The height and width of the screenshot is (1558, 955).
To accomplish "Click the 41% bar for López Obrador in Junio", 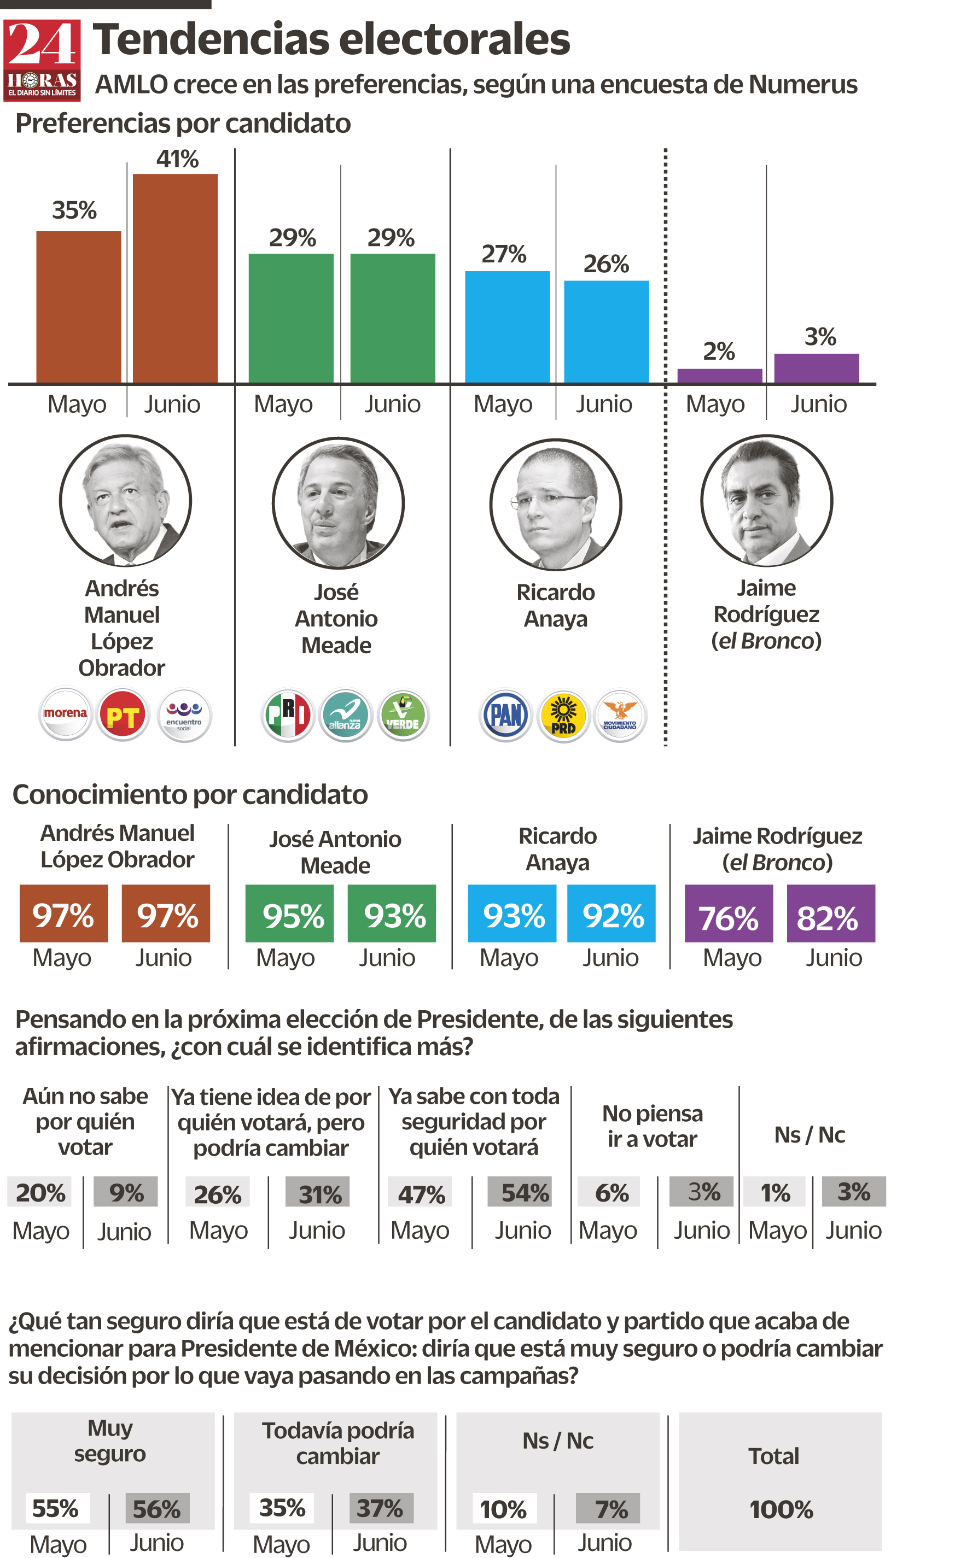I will [175, 278].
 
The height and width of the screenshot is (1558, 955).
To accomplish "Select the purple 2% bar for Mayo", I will [720, 376].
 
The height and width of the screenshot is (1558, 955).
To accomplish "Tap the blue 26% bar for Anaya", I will [606, 331].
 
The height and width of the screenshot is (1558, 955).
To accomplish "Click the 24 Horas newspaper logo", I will [42, 60].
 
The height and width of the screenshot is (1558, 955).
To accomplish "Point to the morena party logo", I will [66, 714].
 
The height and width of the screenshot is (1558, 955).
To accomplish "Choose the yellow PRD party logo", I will [563, 716].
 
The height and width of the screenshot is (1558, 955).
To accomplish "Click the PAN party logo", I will [505, 716].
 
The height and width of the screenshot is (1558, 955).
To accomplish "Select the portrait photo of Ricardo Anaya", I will [555, 505].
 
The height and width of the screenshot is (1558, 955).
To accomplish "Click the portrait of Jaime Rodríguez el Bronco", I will [766, 501].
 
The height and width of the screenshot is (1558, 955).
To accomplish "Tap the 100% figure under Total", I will [781, 1509].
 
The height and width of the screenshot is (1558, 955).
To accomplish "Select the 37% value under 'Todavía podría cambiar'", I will [380, 1508].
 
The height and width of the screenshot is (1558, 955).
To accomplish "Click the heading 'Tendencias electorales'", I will [331, 39].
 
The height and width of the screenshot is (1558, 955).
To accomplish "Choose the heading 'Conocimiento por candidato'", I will [190, 795].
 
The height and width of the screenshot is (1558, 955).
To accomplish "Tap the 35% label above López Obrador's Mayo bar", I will [74, 210].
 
